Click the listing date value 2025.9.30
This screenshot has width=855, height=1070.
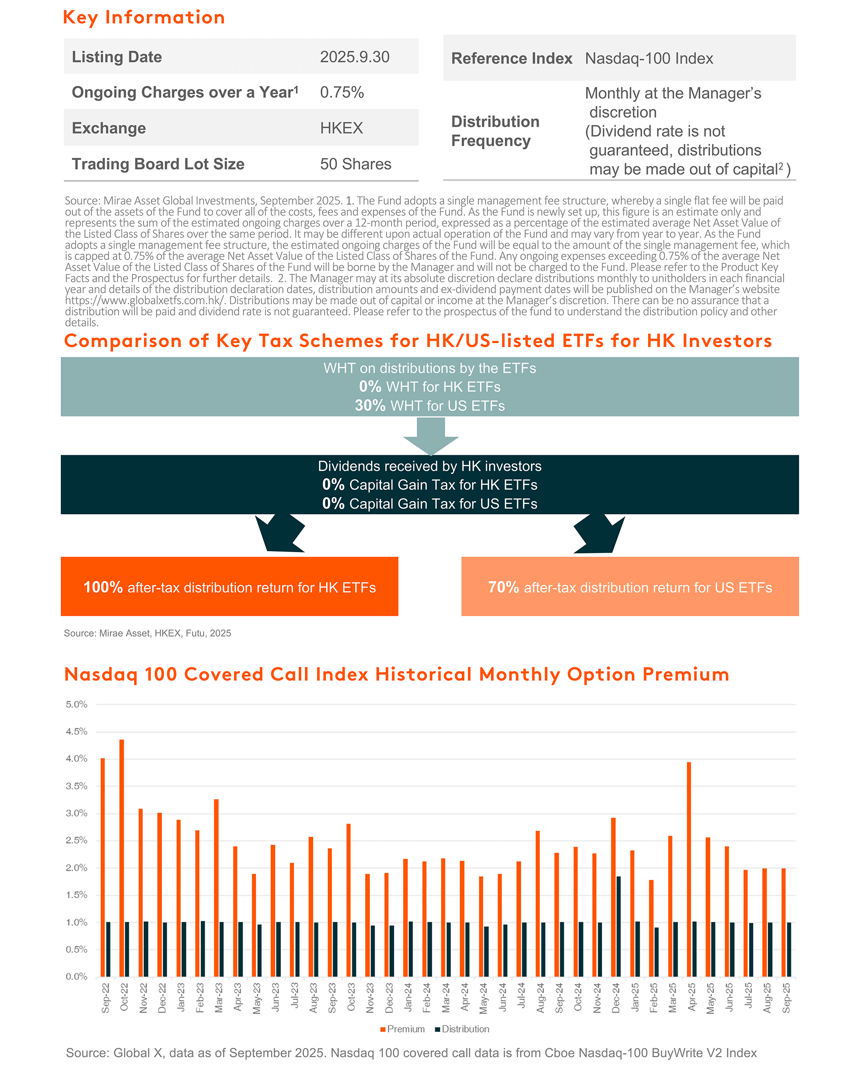click(x=354, y=57)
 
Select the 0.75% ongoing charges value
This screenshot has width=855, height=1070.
click(x=342, y=92)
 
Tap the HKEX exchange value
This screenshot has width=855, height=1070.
click(x=341, y=128)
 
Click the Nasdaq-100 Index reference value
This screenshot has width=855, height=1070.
click(x=649, y=59)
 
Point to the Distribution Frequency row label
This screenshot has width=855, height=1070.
click(x=495, y=131)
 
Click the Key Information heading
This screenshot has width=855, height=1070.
click(x=144, y=18)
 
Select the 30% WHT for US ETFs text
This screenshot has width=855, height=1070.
click(x=430, y=406)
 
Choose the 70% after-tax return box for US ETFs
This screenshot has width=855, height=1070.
click(x=630, y=587)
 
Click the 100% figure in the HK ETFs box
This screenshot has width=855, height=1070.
click(x=103, y=587)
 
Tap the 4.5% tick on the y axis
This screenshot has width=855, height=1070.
click(x=77, y=732)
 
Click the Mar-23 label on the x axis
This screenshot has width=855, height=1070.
click(x=218, y=997)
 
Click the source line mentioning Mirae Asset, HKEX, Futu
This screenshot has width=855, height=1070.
click(x=147, y=633)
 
